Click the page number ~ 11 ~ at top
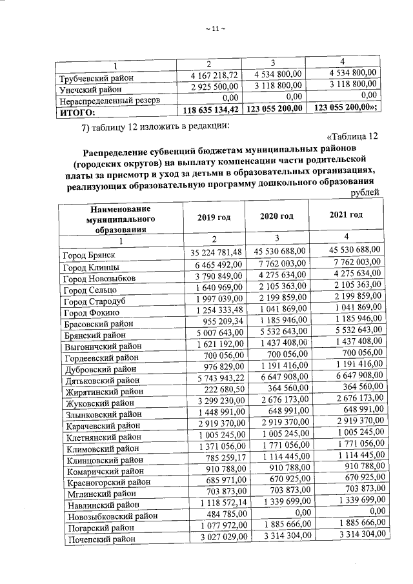pyautogui.click(x=213, y=28)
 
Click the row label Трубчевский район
pyautogui.click(x=96, y=79)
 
